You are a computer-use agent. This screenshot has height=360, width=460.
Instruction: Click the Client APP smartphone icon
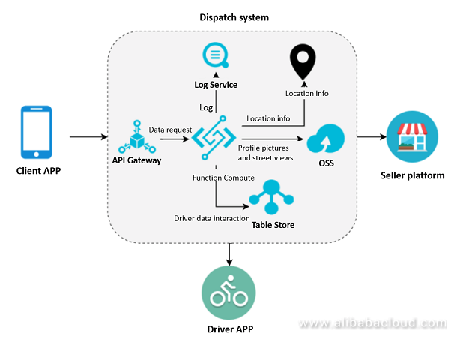[37, 133]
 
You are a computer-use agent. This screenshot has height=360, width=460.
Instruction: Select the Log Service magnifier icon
[217, 57]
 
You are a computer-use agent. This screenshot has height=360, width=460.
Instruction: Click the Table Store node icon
[267, 196]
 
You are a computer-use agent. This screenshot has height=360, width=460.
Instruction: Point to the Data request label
[170, 129]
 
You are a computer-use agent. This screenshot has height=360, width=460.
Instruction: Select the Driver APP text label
[229, 329]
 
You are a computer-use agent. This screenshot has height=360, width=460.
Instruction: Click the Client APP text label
[38, 170]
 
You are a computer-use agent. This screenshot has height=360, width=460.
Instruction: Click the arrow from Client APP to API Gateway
[88, 138]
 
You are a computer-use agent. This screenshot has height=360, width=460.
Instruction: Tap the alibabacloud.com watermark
[372, 324]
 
